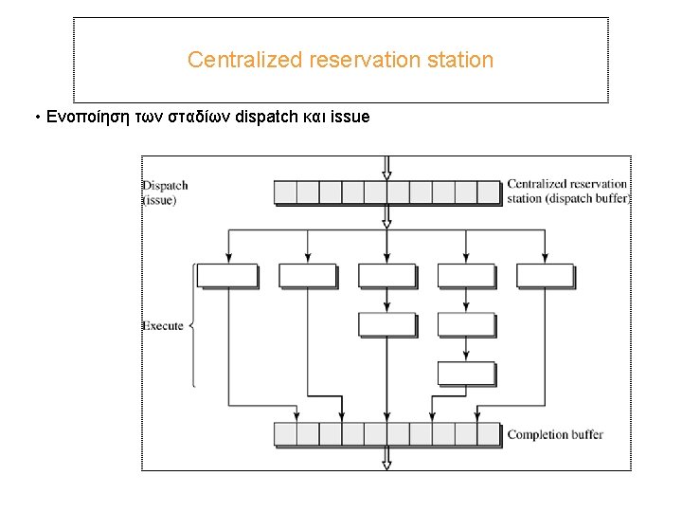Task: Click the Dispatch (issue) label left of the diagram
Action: pos(165,192)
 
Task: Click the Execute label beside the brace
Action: pos(163,326)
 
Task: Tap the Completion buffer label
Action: pos(555,434)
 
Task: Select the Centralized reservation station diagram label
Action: pos(566,191)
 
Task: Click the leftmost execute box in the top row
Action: pos(227,276)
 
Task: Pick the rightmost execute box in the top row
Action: pos(545,276)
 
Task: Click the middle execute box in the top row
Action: pos(386,276)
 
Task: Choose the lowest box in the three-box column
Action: pos(465,373)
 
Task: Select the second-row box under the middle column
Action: pos(386,324)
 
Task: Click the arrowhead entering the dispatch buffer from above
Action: pos(386,174)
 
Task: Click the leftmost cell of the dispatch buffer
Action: pos(285,192)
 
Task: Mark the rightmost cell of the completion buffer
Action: pos(488,434)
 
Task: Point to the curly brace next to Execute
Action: pos(192,326)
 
